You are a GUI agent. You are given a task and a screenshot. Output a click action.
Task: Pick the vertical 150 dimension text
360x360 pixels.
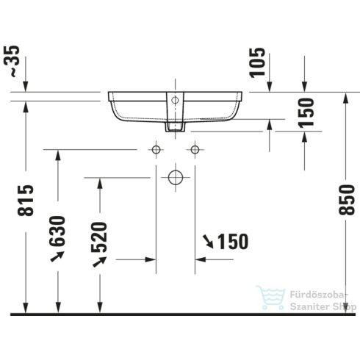[306, 112]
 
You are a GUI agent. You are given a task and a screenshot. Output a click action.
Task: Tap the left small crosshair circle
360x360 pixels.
[155, 150]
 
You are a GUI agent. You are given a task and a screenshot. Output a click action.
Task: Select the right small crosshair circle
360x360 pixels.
[195, 150]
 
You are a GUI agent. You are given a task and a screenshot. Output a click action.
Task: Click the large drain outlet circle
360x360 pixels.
[175, 177]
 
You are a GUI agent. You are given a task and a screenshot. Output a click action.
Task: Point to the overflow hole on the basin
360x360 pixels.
[175, 98]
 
